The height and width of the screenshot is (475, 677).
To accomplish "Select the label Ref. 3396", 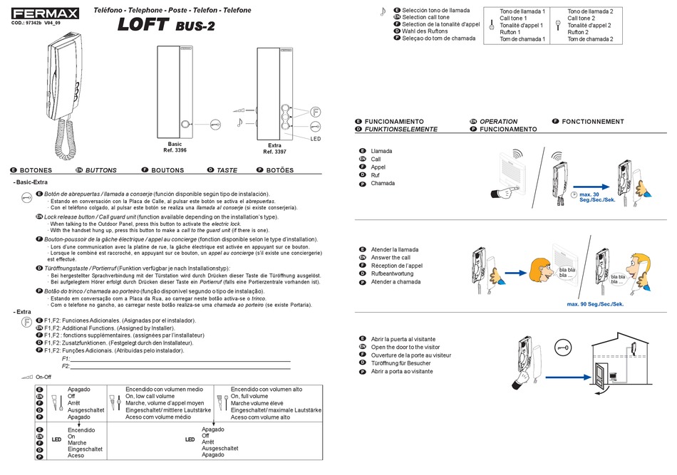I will tap(175, 150).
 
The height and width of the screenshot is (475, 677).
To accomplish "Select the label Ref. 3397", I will tap(274, 151).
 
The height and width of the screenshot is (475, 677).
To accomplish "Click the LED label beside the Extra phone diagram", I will tap(316, 139).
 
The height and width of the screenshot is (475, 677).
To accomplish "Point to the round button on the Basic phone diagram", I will tap(187, 125).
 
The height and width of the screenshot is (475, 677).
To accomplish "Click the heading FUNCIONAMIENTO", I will tap(394, 122).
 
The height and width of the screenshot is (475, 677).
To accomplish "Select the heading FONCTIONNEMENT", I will tap(592, 122).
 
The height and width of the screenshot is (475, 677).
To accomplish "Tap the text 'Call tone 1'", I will tap(515, 19).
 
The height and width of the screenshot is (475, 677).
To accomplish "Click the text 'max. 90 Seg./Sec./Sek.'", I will tap(595, 304).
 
